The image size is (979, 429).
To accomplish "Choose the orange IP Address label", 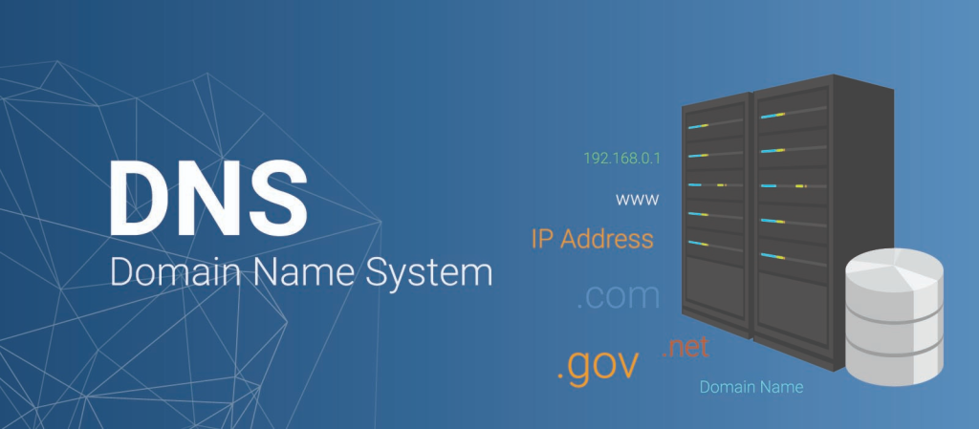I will [593, 239].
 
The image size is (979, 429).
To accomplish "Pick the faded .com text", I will [618, 297].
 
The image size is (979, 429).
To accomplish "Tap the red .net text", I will [685, 347].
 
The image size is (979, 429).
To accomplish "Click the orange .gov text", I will [598, 365].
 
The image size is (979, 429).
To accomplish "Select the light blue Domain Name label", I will [751, 387].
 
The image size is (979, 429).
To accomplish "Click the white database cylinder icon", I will [894, 314].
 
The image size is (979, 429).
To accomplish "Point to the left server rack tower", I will [717, 210].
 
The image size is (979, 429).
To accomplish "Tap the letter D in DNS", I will [140, 199].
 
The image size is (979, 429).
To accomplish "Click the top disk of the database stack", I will [894, 272].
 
